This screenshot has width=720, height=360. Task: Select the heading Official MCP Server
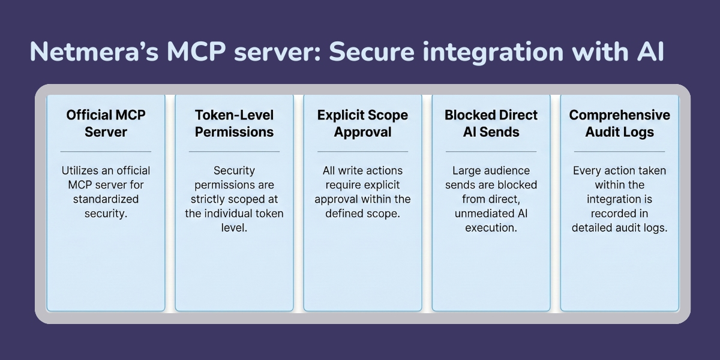click(106, 123)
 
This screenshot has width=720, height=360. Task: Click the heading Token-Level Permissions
click(234, 123)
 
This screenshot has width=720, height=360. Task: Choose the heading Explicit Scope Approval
click(362, 123)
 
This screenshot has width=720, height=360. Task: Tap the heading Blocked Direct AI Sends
click(491, 123)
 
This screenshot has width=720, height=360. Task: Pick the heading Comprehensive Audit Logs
click(620, 123)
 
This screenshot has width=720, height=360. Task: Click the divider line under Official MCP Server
click(106, 151)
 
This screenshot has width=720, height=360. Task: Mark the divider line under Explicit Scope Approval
click(362, 151)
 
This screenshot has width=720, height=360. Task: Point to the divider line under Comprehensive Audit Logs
click(620, 151)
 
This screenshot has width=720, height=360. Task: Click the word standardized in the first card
click(106, 199)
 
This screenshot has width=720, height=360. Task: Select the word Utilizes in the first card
click(81, 170)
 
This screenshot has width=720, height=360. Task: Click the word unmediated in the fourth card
click(484, 213)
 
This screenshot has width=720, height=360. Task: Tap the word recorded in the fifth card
click(620, 213)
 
